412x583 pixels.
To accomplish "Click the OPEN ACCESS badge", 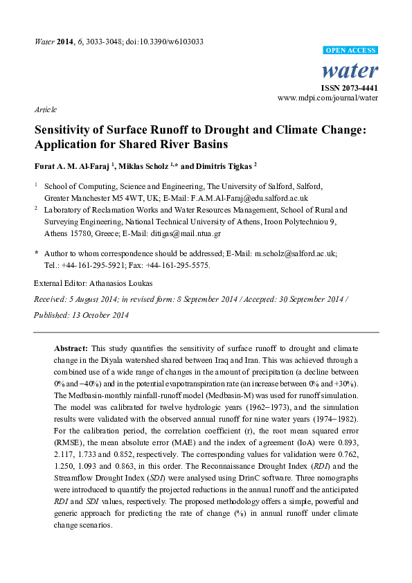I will pyautogui.click(x=351, y=51).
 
